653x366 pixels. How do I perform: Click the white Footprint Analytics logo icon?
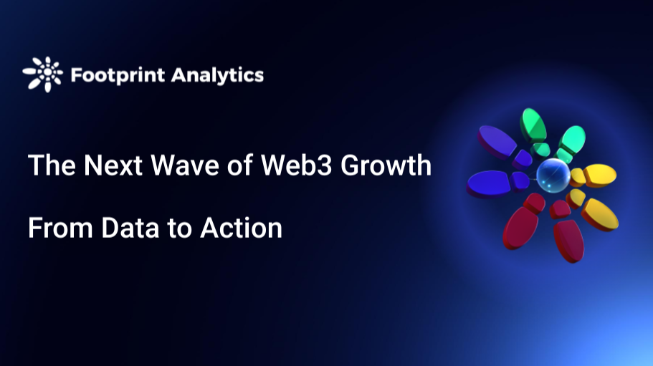click(x=42, y=74)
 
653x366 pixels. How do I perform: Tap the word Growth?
click(x=386, y=166)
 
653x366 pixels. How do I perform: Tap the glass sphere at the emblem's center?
click(x=552, y=174)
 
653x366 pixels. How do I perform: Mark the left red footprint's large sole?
click(x=521, y=225)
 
